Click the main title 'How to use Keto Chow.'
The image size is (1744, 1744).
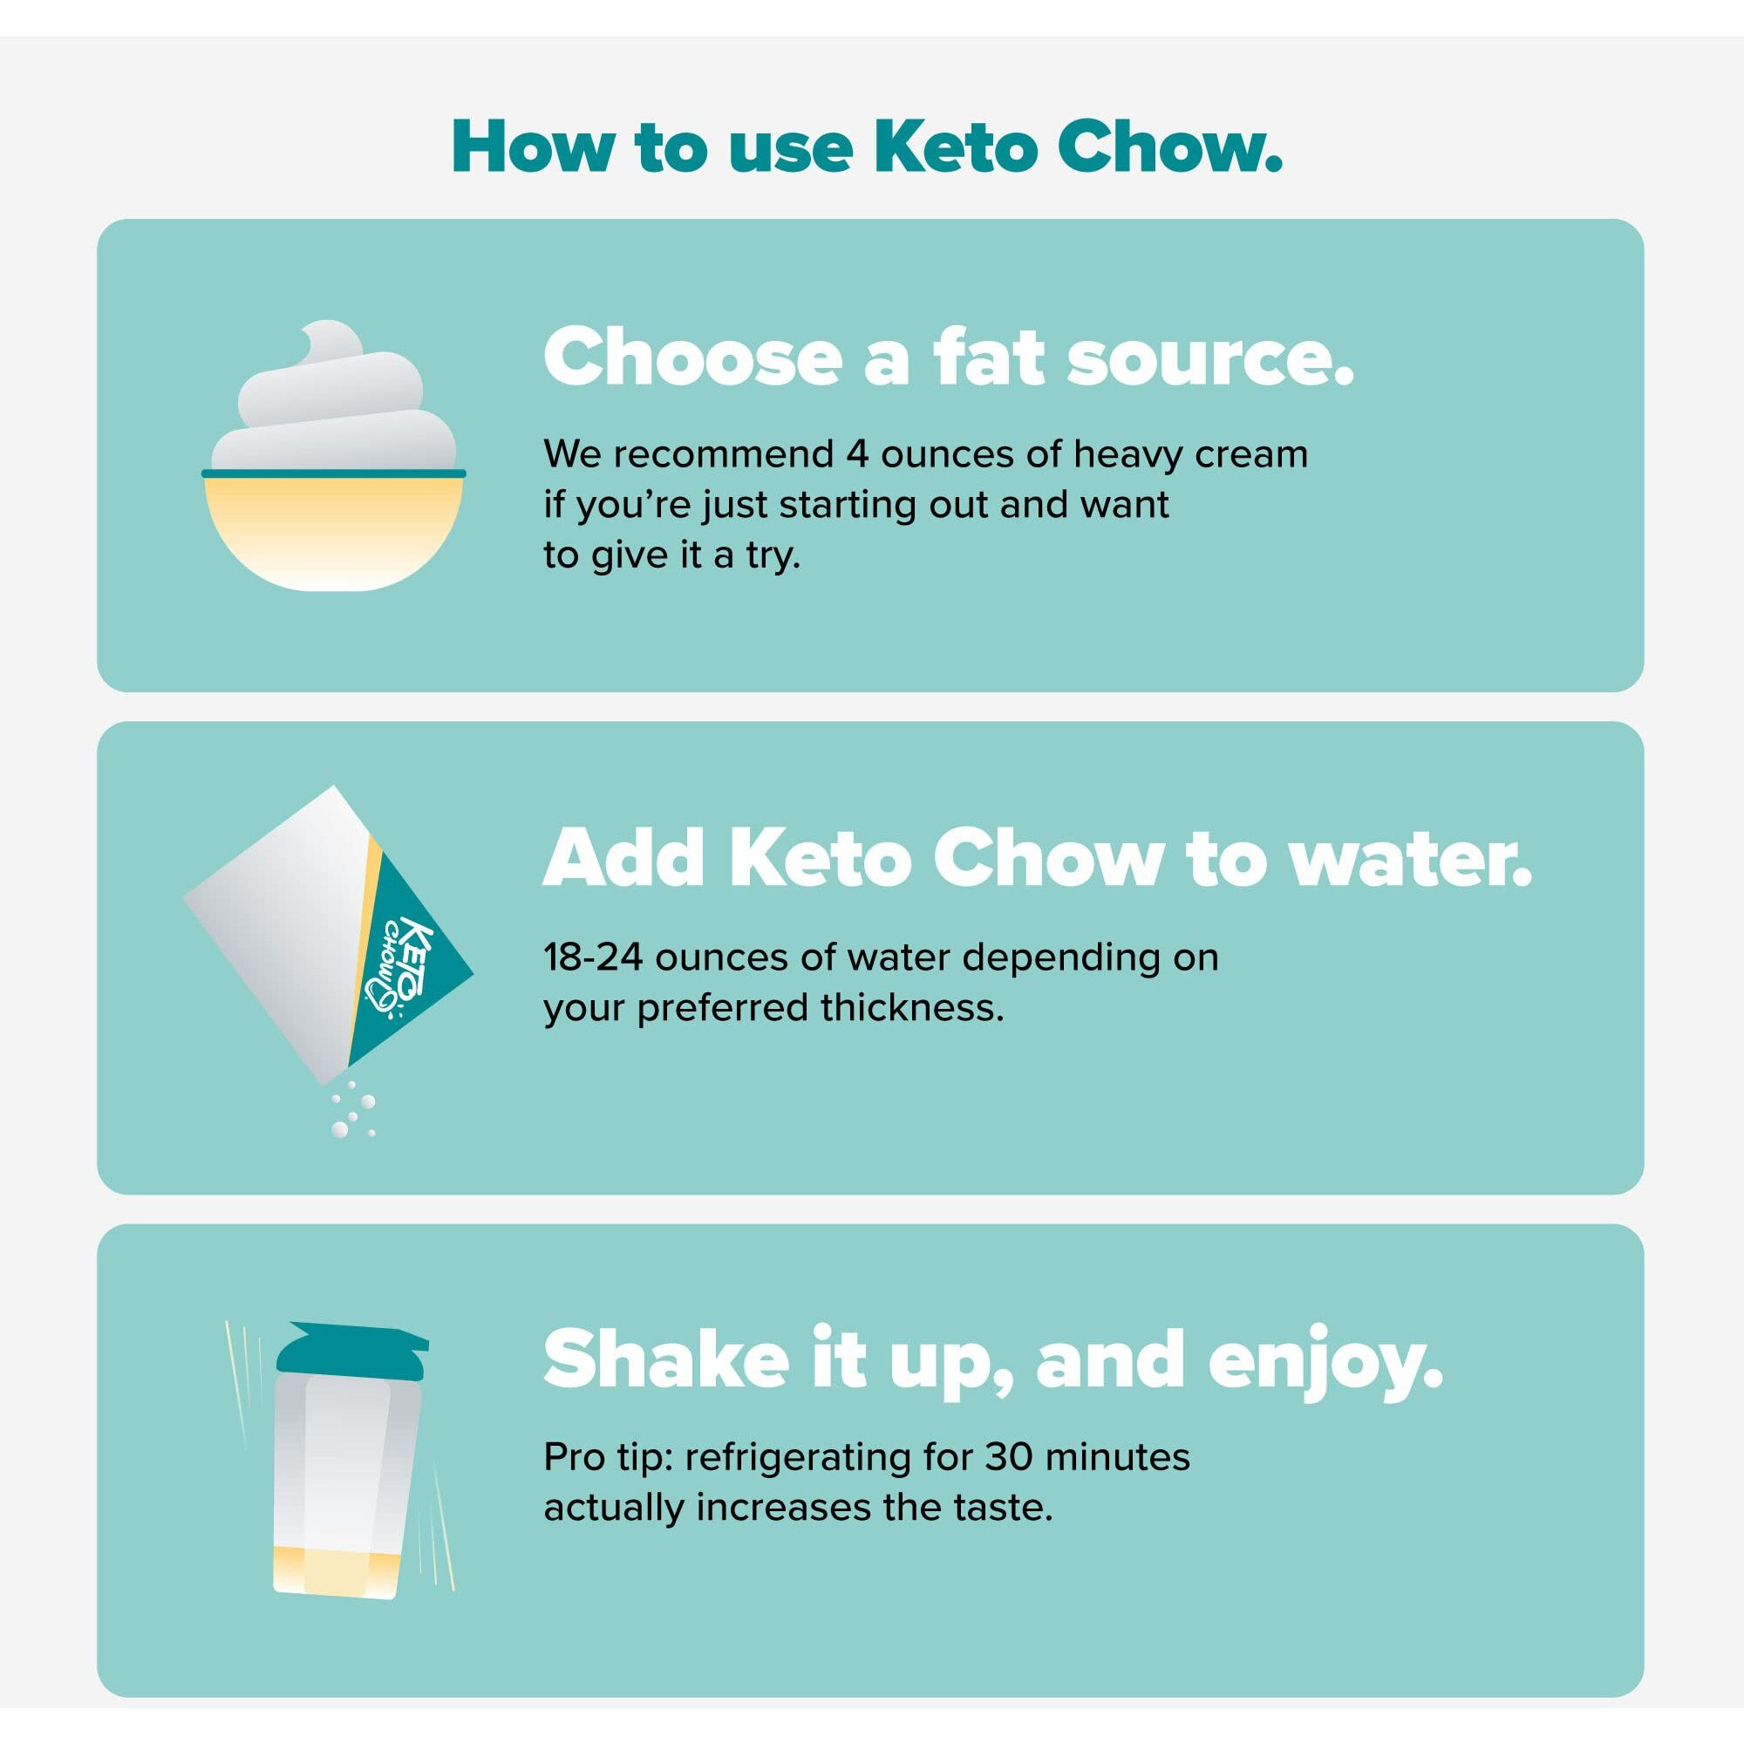pos(867,146)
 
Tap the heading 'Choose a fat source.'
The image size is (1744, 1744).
pos(948,358)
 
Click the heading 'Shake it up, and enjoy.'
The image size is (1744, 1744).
pos(993,1359)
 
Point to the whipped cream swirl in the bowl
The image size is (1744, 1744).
pos(332,406)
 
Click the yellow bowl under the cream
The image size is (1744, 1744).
pos(333,533)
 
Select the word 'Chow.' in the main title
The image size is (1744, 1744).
pos(1170,146)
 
